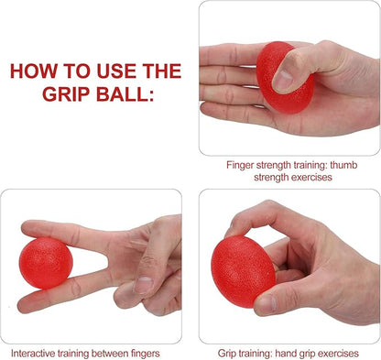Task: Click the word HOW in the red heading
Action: (34, 71)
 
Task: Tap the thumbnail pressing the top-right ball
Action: (283, 80)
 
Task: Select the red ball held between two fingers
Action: (46, 263)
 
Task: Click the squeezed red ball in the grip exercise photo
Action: (243, 271)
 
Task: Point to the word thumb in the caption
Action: (343, 165)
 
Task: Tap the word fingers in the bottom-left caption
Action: (146, 354)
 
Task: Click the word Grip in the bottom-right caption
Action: (226, 354)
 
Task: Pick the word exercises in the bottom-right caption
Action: (338, 354)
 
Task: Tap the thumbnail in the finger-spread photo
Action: (144, 285)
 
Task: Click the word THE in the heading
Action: (162, 71)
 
